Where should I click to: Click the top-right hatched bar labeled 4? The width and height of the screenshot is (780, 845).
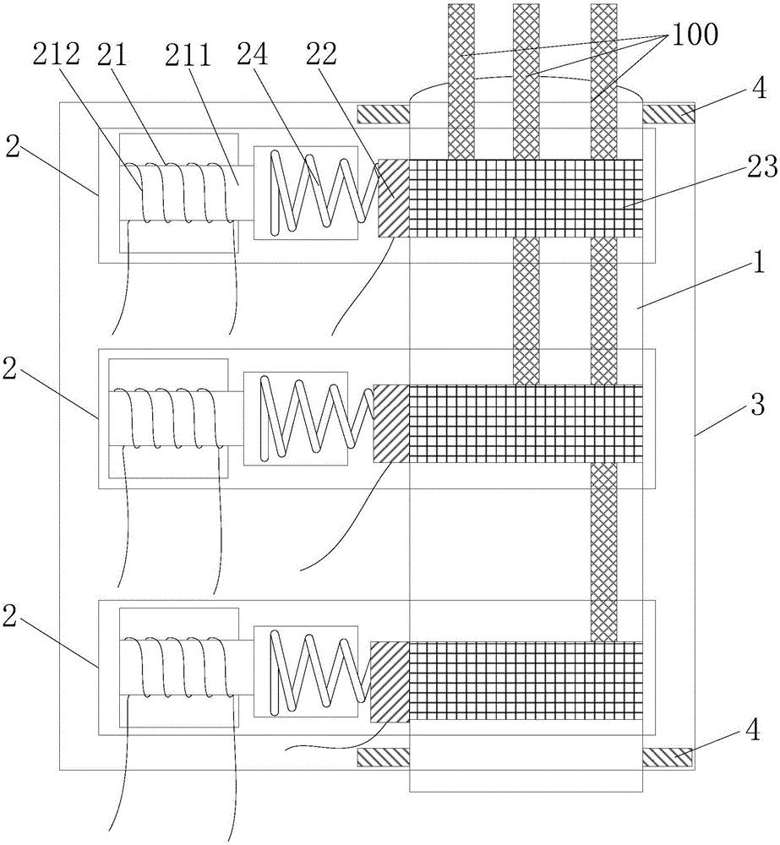[x=668, y=112]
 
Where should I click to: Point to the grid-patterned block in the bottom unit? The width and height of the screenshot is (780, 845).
[x=524, y=681]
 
